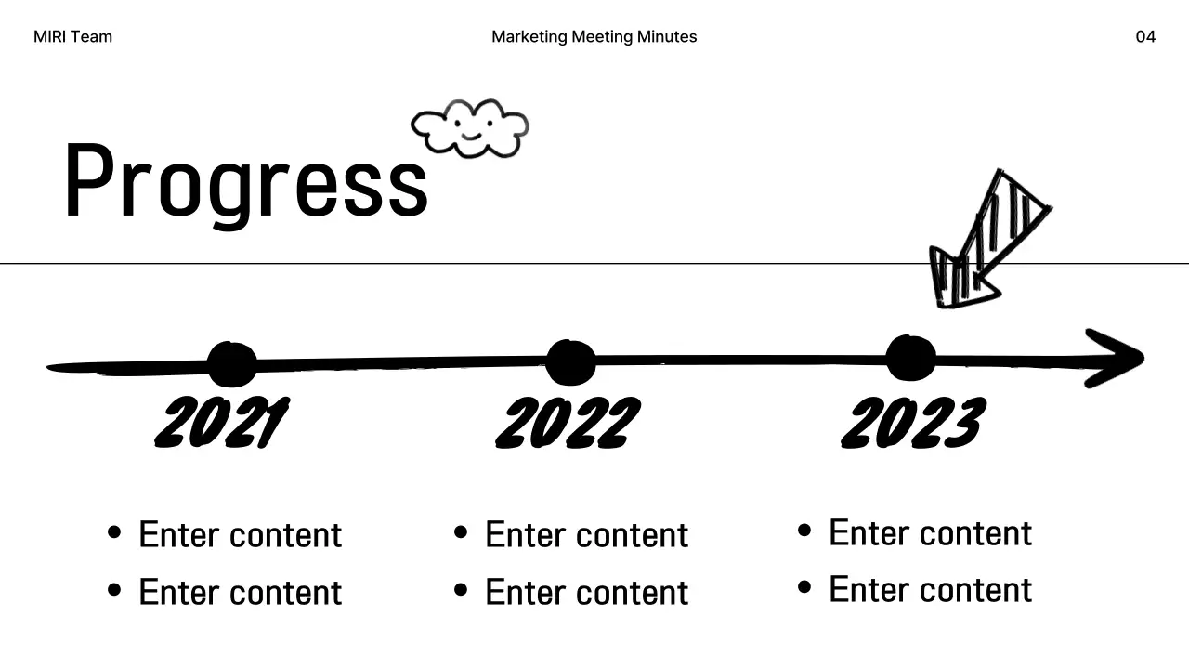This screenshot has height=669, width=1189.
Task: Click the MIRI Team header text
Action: click(72, 37)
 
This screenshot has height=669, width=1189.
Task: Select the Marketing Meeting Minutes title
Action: click(594, 37)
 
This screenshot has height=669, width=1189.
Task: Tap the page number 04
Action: click(1145, 37)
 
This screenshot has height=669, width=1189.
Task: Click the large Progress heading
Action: click(246, 181)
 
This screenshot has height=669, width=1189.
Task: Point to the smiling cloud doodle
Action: click(470, 128)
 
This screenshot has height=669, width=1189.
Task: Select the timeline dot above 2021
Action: click(231, 364)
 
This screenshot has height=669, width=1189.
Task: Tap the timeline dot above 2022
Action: click(570, 361)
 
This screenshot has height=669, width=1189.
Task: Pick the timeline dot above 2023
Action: click(910, 359)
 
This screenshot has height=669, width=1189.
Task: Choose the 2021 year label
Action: click(221, 424)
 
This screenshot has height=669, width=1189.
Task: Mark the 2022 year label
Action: click(568, 423)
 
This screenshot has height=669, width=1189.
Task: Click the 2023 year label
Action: click(912, 423)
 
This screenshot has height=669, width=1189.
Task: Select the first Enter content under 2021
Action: click(240, 535)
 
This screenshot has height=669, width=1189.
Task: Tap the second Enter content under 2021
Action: click(240, 592)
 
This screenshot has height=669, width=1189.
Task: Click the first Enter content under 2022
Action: click(586, 535)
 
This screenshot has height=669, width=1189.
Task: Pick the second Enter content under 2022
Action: click(586, 592)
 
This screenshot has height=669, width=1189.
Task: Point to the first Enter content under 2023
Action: click(930, 533)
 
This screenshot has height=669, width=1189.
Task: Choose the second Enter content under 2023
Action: click(930, 590)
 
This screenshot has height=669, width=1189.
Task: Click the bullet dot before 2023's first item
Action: click(804, 531)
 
